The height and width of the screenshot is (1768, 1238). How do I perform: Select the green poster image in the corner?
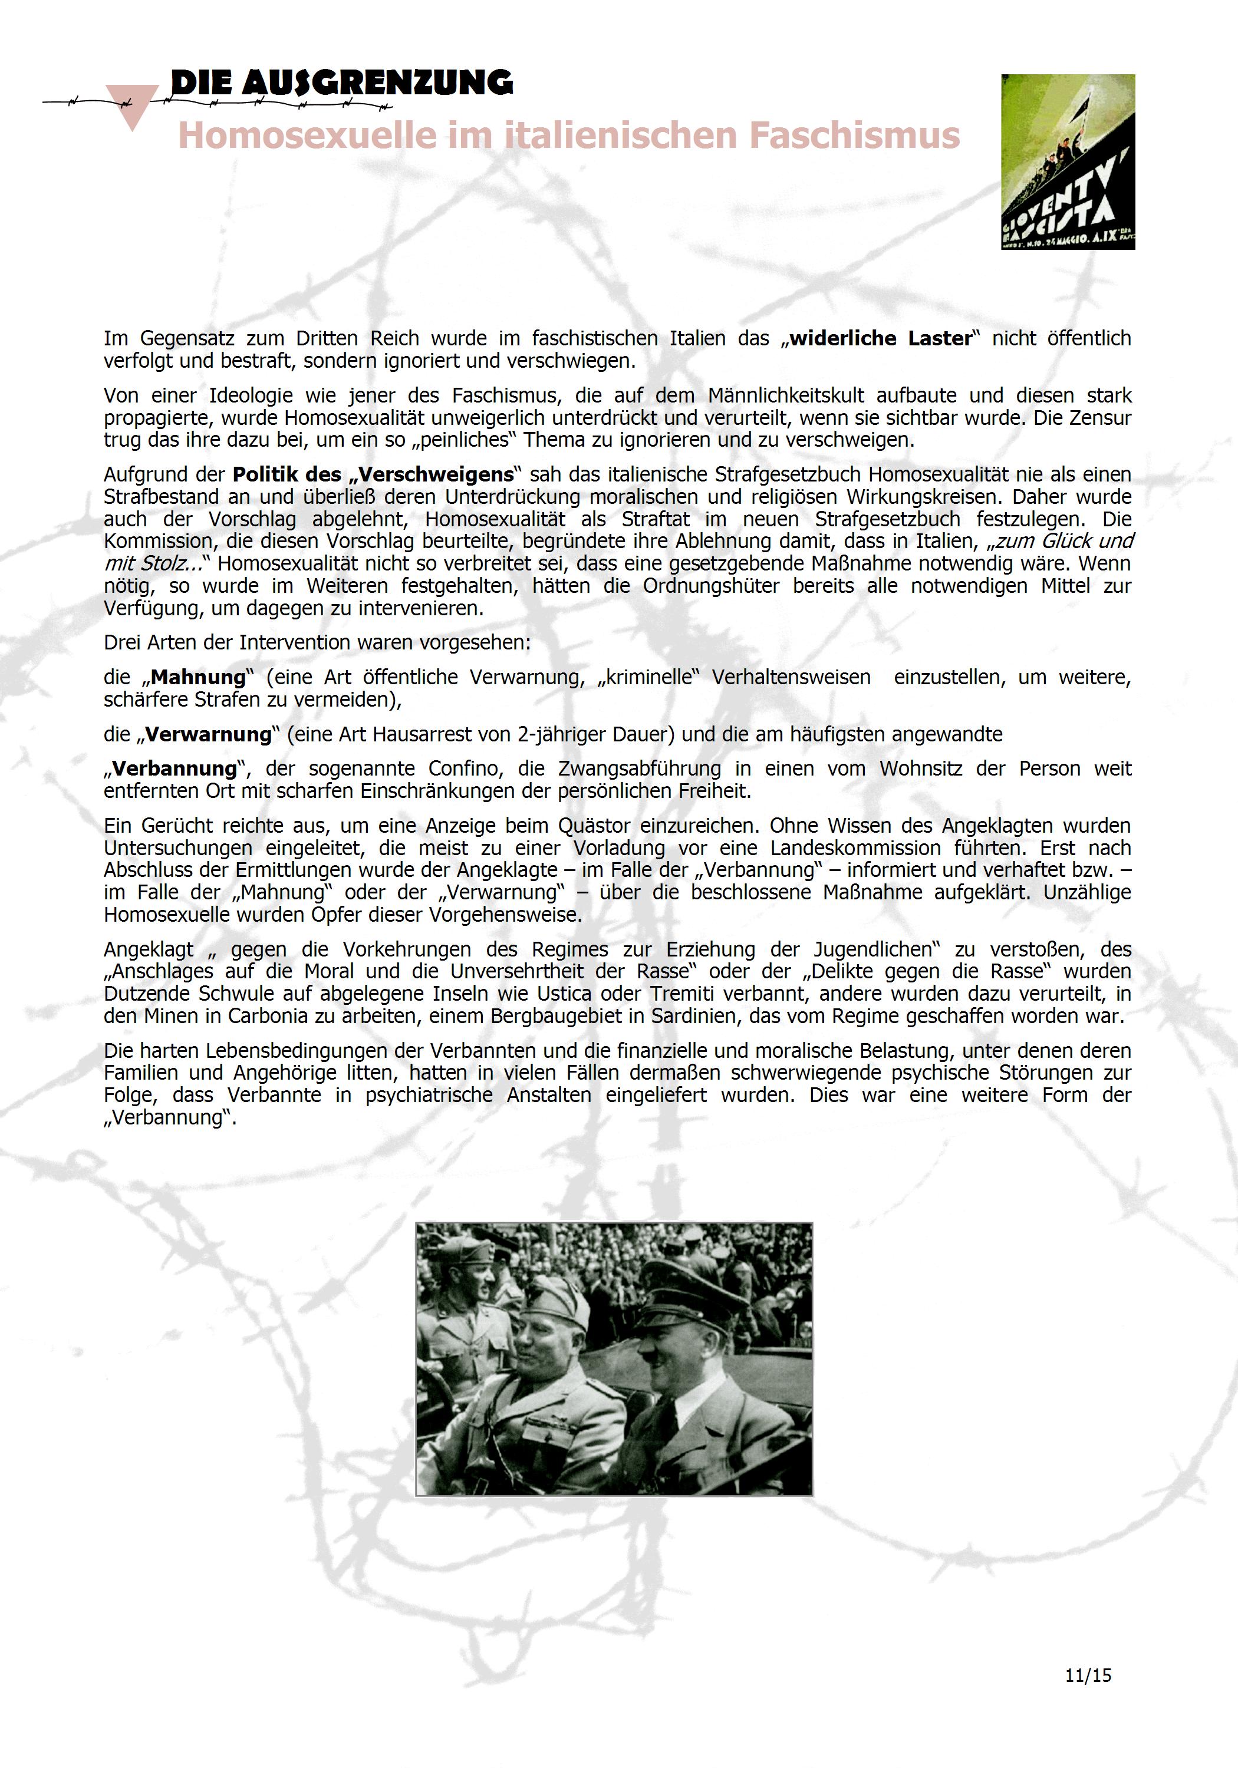[1068, 161]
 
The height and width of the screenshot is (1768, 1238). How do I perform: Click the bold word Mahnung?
[197, 678]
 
